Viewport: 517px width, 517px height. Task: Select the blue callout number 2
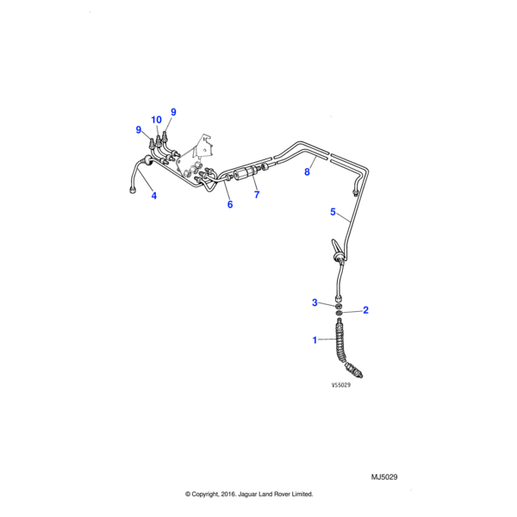[365, 309]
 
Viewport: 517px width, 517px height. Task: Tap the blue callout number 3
[315, 302]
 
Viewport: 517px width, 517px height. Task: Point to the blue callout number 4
[154, 196]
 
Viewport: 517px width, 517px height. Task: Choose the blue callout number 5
[333, 211]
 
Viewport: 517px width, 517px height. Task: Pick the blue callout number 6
[230, 204]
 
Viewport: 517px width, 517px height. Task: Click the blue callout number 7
[256, 196]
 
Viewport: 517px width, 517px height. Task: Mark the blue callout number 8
[306, 172]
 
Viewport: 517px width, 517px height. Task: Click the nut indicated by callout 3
[339, 304]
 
